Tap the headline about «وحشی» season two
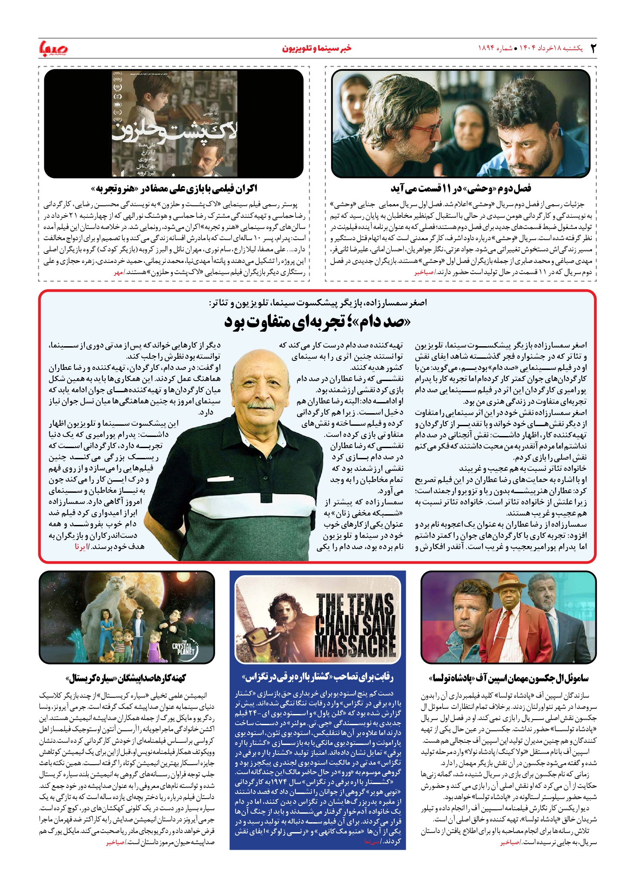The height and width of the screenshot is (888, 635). coord(461,189)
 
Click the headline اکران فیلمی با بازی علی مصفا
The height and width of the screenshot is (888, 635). coord(174,189)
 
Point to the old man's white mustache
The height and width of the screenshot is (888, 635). coord(261,405)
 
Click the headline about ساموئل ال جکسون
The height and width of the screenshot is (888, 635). coord(509,678)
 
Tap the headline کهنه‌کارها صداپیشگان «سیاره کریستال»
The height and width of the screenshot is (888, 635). coord(126,678)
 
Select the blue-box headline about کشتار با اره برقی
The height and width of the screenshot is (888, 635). coord(318,677)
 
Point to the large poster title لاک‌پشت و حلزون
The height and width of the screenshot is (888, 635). coord(174,131)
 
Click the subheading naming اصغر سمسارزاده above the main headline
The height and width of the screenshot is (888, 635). coord(317,303)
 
